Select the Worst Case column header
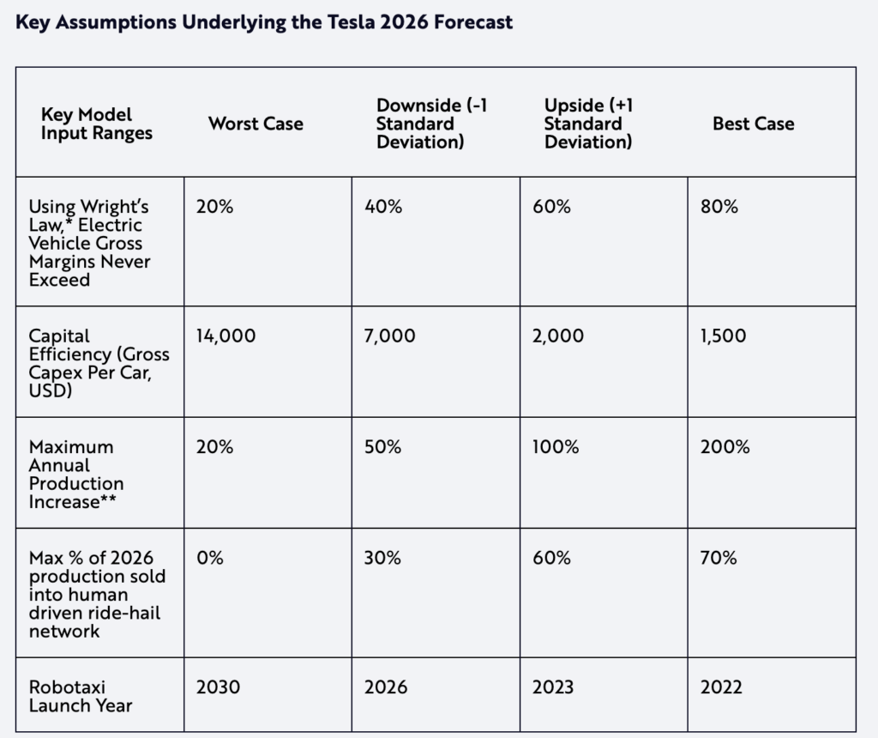pyautogui.click(x=256, y=124)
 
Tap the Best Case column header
pyautogui.click(x=753, y=124)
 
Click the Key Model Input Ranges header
pyautogui.click(x=96, y=124)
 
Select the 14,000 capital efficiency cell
pyautogui.click(x=226, y=336)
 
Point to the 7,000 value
pyautogui.click(x=389, y=336)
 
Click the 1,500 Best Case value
pyautogui.click(x=723, y=336)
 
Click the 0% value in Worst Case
pyautogui.click(x=209, y=558)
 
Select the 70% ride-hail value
pyautogui.click(x=719, y=558)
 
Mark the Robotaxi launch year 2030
pyautogui.click(x=218, y=687)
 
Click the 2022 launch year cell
pyautogui.click(x=722, y=687)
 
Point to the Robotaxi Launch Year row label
pyautogui.click(x=81, y=696)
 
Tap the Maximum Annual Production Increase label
pyautogui.click(x=76, y=475)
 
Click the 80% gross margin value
pyautogui.click(x=719, y=207)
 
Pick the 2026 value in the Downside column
pyautogui.click(x=386, y=687)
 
